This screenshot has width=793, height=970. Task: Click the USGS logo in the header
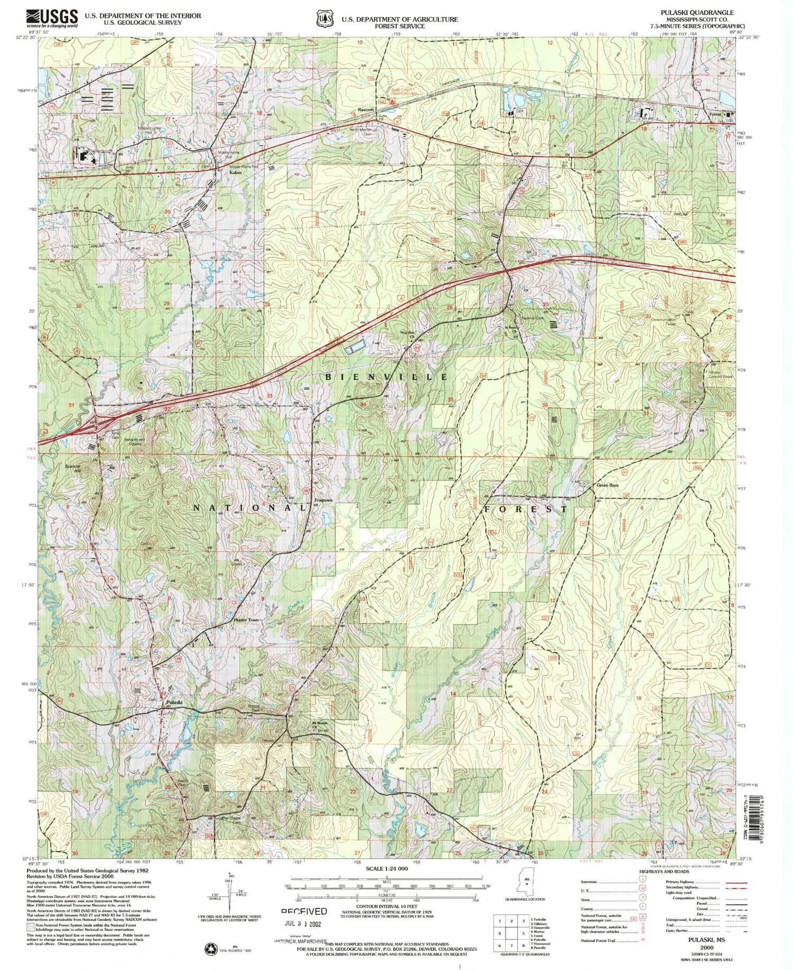coord(52,18)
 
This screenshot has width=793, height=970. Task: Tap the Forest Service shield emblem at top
coord(324,18)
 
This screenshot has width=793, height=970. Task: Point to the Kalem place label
coord(235,173)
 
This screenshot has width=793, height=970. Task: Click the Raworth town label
coord(366,110)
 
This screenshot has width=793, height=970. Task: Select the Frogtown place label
coord(324,500)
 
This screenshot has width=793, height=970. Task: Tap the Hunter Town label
coord(246,619)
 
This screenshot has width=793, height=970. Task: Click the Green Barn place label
coord(607,485)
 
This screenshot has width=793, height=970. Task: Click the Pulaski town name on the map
coord(174,703)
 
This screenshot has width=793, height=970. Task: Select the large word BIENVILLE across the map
coord(386,377)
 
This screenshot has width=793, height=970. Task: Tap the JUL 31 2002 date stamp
coord(303,924)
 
